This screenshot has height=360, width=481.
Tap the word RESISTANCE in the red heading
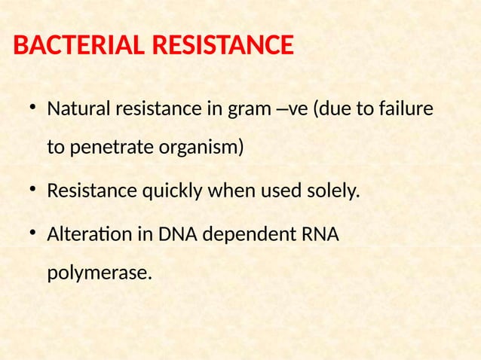click(x=222, y=47)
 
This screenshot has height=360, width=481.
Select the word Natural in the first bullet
click(x=78, y=110)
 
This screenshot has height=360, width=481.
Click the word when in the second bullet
click(x=232, y=192)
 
